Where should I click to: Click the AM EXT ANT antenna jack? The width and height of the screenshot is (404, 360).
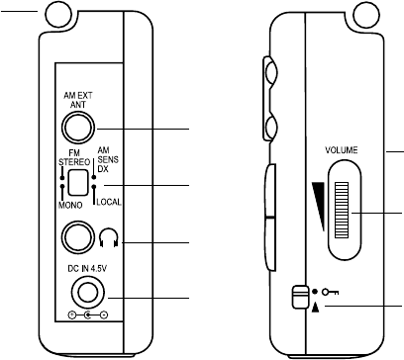pyautogui.click(x=78, y=128)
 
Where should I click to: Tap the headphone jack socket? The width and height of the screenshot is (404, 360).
pyautogui.click(x=78, y=237)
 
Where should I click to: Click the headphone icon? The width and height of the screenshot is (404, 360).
pyautogui.click(x=109, y=238)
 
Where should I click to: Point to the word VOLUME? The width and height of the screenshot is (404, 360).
pyautogui.click(x=342, y=150)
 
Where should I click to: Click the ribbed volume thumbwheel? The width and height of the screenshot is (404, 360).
pyautogui.click(x=342, y=210)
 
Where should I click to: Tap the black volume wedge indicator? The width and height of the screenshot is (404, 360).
pyautogui.click(x=319, y=206)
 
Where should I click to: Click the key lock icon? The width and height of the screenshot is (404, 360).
pyautogui.click(x=331, y=292)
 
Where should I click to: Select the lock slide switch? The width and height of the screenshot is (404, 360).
pyautogui.click(x=299, y=297)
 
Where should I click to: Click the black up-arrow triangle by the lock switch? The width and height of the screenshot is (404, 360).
pyautogui.click(x=316, y=308)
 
